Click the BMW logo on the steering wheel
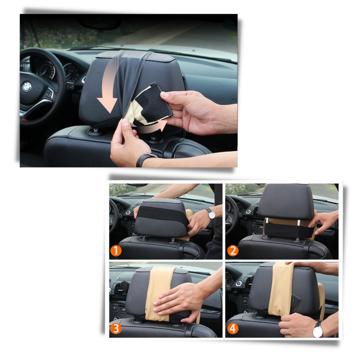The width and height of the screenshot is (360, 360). pyautogui.click(x=27, y=87)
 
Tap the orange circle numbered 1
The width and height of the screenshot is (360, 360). pyautogui.click(x=116, y=251)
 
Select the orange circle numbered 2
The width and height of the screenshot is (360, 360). pyautogui.click(x=233, y=251)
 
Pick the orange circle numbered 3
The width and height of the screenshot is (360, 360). pyautogui.click(x=116, y=328)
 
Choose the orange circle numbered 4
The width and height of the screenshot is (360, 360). pyautogui.click(x=233, y=328)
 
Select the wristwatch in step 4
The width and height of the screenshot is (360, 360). pyautogui.click(x=318, y=329)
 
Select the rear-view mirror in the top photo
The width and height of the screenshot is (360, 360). pyautogui.click(x=99, y=23)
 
